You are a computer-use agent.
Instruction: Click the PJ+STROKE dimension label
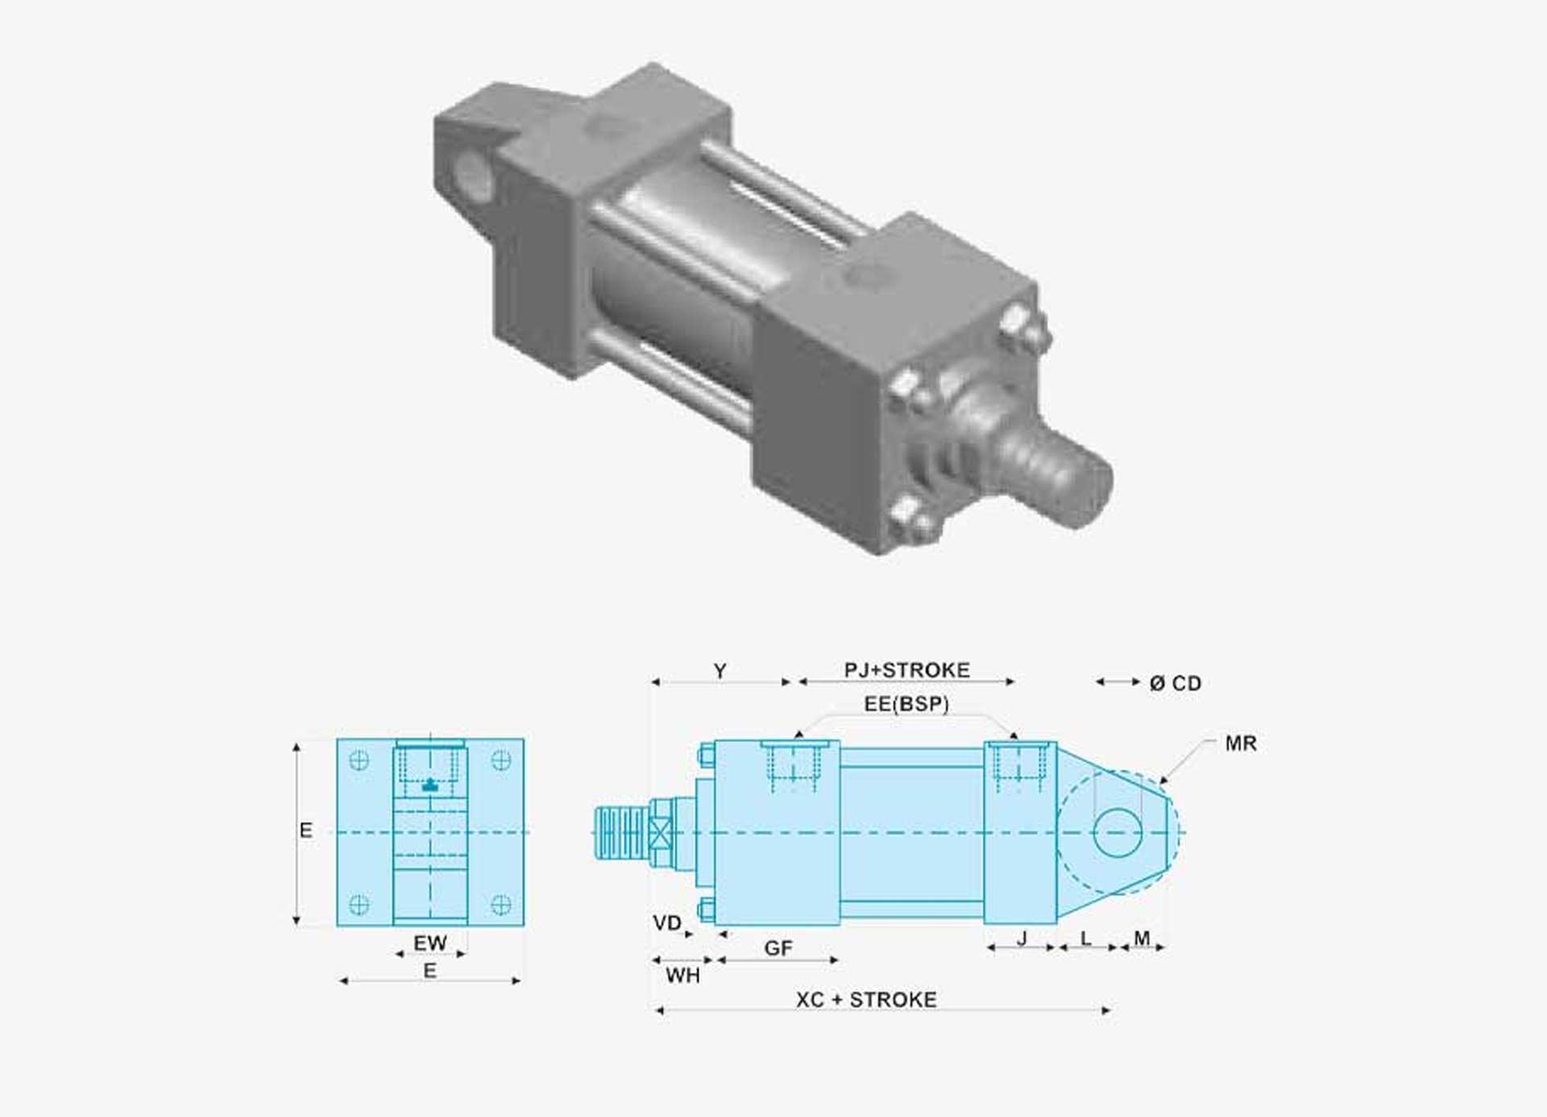click(906, 670)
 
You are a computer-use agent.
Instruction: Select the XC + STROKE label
click(866, 999)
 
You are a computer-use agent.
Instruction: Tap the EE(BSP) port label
click(906, 704)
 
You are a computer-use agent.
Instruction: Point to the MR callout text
click(1240, 743)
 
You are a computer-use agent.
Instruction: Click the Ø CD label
click(1176, 683)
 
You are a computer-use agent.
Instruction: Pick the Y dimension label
click(720, 671)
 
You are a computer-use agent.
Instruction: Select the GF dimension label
click(778, 948)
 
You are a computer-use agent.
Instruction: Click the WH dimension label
click(682, 975)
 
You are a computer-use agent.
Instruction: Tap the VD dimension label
click(667, 923)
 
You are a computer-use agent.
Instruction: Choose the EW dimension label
click(429, 942)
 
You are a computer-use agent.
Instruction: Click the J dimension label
click(1022, 938)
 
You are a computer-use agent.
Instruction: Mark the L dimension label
click(1085, 938)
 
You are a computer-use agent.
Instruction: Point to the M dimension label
click(1142, 938)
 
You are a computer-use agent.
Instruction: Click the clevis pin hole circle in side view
click(1118, 832)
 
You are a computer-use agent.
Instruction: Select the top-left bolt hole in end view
click(359, 760)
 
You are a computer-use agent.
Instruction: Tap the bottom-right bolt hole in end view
click(500, 904)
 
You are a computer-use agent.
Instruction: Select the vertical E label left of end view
click(305, 830)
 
